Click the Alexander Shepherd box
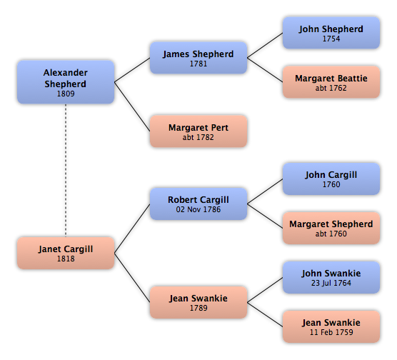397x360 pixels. pyautogui.click(x=66, y=82)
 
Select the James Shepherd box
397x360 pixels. pyautogui.click(x=198, y=58)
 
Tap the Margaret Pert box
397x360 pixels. pyautogui.click(x=198, y=131)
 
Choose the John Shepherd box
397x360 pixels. pyautogui.click(x=331, y=33)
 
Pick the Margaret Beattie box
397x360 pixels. pyautogui.click(x=331, y=82)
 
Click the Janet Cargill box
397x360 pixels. pyautogui.click(x=66, y=253)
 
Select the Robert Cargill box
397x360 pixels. pyautogui.click(x=198, y=204)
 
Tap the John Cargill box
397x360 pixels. pyautogui.click(x=331, y=179)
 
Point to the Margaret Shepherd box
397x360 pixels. pyautogui.click(x=331, y=228)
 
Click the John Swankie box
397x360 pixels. pyautogui.click(x=331, y=277)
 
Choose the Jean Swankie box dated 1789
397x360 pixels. pyautogui.click(x=198, y=302)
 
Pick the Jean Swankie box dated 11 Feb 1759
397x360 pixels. pyautogui.click(x=331, y=326)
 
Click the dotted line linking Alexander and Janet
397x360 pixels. pyautogui.click(x=66, y=170)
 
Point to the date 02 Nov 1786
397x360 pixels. pyautogui.click(x=198, y=209)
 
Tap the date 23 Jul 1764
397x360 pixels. pyautogui.click(x=331, y=283)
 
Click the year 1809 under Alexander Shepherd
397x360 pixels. pyautogui.click(x=66, y=94)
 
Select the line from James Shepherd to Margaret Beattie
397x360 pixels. pyautogui.click(x=265, y=70)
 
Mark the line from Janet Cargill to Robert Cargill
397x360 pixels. pyautogui.click(x=132, y=229)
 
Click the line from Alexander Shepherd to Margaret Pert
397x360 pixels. pyautogui.click(x=132, y=106)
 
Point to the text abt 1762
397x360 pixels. pyautogui.click(x=331, y=88)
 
